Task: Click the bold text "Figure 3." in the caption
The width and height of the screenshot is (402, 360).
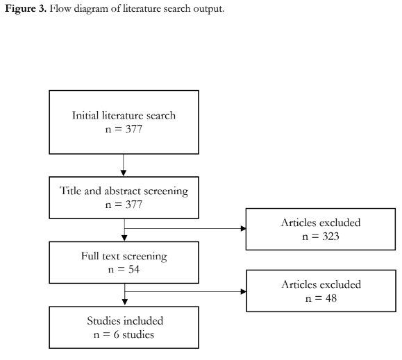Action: coord(26,8)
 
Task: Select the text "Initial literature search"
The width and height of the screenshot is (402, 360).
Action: coord(124,115)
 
